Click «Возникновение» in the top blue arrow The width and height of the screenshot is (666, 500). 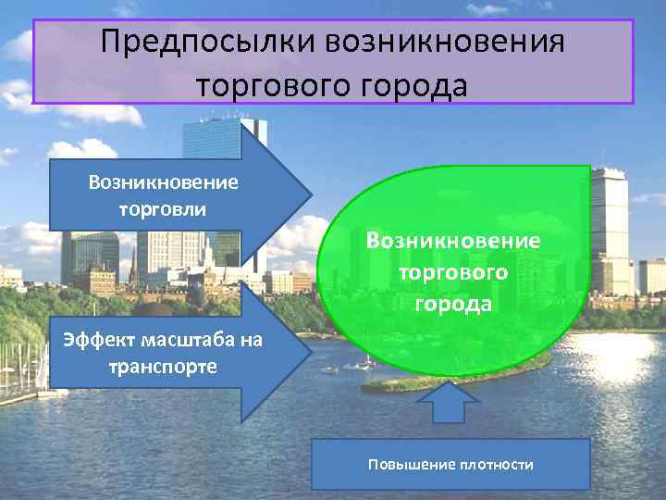[163, 181]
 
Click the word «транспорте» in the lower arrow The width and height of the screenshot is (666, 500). [163, 366]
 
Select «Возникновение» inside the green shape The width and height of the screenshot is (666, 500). [453, 241]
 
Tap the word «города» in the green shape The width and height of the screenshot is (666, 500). [453, 303]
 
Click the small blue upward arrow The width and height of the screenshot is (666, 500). [450, 403]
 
